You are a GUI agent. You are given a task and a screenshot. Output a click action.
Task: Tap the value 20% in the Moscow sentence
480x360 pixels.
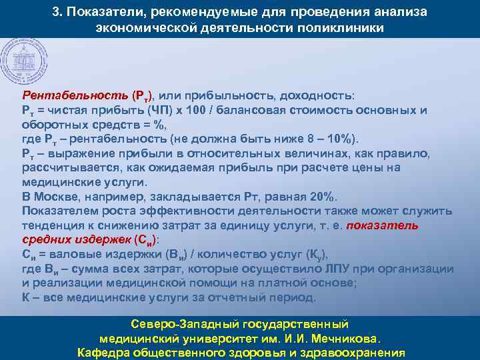pos(325,197)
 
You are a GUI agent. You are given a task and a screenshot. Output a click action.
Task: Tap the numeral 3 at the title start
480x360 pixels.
pos(55,13)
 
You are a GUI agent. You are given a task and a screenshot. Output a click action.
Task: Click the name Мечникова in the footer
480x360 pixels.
pos(343,339)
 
